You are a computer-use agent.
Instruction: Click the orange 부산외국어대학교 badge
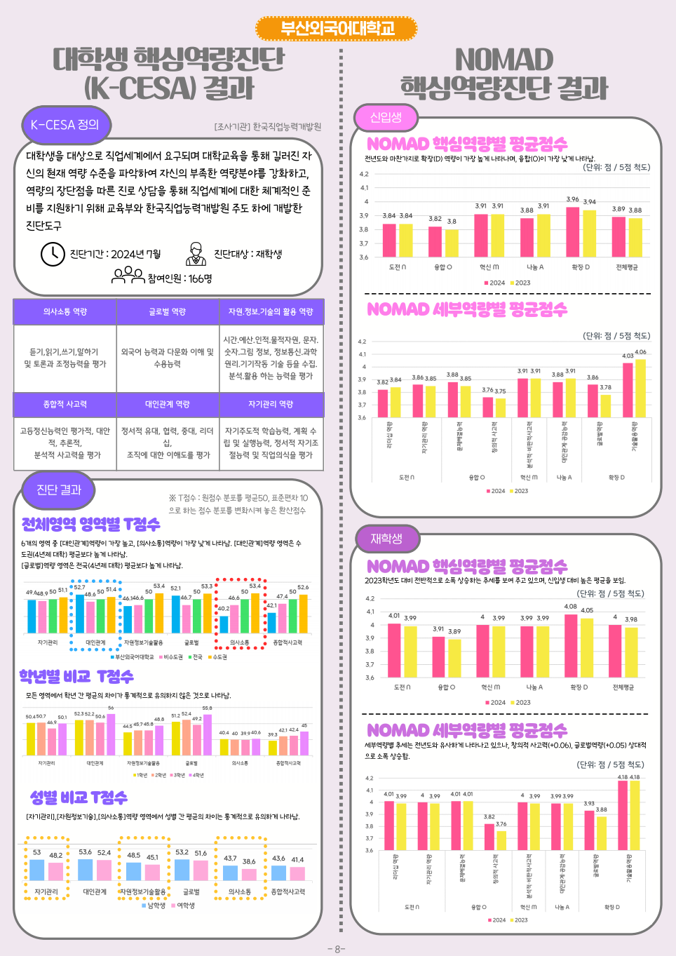(x=337, y=28)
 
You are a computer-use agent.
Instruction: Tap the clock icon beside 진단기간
(x=53, y=254)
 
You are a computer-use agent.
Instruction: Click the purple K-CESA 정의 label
(x=65, y=125)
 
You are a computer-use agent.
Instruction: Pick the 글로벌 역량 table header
(x=168, y=311)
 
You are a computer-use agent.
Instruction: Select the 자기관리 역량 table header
(x=271, y=404)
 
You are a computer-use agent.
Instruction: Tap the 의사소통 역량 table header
(x=65, y=311)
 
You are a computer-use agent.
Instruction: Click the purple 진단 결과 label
(x=59, y=490)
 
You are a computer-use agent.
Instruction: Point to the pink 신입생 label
(x=386, y=118)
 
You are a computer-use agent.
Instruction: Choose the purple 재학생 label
(x=386, y=539)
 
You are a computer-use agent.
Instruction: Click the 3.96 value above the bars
(x=573, y=199)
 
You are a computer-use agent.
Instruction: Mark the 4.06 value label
(x=640, y=352)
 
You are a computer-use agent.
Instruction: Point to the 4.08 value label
(x=571, y=607)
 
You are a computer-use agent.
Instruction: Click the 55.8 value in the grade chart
(x=207, y=708)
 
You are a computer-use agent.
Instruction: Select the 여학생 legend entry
(x=184, y=905)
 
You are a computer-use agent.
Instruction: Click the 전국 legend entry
(x=196, y=657)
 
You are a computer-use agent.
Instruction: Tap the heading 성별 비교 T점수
(x=79, y=797)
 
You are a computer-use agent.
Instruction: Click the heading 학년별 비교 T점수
(x=76, y=676)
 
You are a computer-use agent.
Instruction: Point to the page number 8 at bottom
(x=337, y=949)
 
